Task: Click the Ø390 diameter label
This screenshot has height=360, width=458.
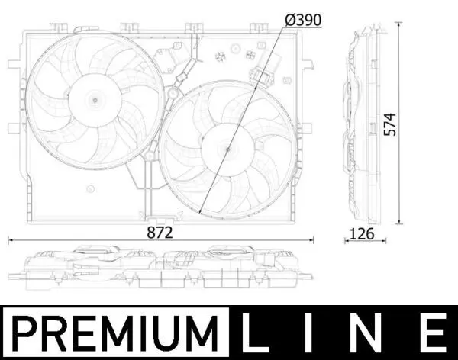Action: pyautogui.click(x=303, y=20)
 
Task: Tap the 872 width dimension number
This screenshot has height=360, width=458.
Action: pyautogui.click(x=160, y=233)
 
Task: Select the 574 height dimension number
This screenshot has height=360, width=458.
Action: pyautogui.click(x=390, y=124)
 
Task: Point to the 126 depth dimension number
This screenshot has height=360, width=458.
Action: pyautogui.click(x=362, y=233)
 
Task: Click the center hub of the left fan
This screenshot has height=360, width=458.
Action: pyautogui.click(x=95, y=100)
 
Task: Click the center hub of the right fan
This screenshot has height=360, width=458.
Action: pyautogui.click(x=227, y=149)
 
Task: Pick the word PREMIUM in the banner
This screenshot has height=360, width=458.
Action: pyautogui.click(x=116, y=333)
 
